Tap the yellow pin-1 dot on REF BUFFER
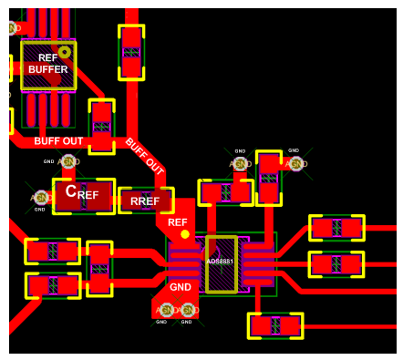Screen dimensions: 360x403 pyautogui.click(x=65, y=52)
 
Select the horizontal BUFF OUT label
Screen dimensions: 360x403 pyautogui.click(x=58, y=141)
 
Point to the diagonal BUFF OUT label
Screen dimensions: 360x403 pyautogui.click(x=144, y=157)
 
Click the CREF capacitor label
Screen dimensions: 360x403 pyautogui.click(x=82, y=193)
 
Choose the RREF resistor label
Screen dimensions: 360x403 pyautogui.click(x=145, y=201)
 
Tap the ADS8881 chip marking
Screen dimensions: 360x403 pyautogui.click(x=220, y=262)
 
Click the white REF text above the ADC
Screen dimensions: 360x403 pyautogui.click(x=178, y=222)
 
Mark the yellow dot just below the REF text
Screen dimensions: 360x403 pyautogui.click(x=185, y=234)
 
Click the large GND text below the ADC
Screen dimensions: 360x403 pyautogui.click(x=181, y=287)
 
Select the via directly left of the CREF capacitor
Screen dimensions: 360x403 pyautogui.click(x=41, y=197)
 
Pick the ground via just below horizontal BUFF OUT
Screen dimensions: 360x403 pyautogui.click(x=67, y=162)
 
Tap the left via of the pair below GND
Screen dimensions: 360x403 pyautogui.click(x=167, y=310)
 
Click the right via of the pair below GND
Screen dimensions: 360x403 pyautogui.click(x=188, y=310)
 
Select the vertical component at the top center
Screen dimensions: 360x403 pyautogui.click(x=131, y=52)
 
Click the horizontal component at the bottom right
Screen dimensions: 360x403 pyautogui.click(x=274, y=325)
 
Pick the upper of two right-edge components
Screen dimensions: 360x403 pyautogui.click(x=336, y=228)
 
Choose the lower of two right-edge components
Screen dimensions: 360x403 pyautogui.click(x=336, y=264)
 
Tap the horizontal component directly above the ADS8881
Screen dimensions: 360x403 pyautogui.click(x=225, y=192)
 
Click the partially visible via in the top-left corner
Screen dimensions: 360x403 pyautogui.click(x=13, y=27)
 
